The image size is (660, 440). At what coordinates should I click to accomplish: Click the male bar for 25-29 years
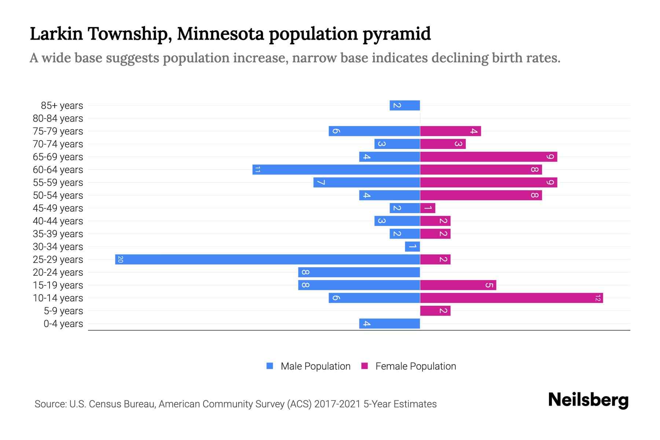tap(267, 259)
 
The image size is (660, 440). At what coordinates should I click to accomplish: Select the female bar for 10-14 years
tap(511, 298)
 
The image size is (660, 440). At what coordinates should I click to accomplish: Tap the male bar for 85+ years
tap(404, 105)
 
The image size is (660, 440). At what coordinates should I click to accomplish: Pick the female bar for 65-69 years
tap(488, 157)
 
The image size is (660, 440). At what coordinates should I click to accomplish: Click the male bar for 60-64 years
tap(336, 169)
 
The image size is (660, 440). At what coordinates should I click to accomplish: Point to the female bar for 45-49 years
tap(428, 208)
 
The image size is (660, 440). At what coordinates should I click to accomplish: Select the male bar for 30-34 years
tap(412, 246)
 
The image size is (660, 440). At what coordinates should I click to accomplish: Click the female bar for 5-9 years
tap(435, 311)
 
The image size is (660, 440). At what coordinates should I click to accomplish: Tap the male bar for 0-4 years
tap(389, 323)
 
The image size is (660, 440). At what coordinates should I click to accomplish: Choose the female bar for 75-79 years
tap(450, 131)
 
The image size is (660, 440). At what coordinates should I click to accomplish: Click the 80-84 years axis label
tap(58, 118)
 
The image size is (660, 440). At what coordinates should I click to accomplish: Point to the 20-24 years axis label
tap(58, 272)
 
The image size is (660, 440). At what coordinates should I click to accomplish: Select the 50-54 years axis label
tap(58, 195)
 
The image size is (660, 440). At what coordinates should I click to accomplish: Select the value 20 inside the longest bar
tap(120, 259)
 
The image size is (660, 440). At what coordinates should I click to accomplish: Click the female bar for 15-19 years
tap(458, 285)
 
